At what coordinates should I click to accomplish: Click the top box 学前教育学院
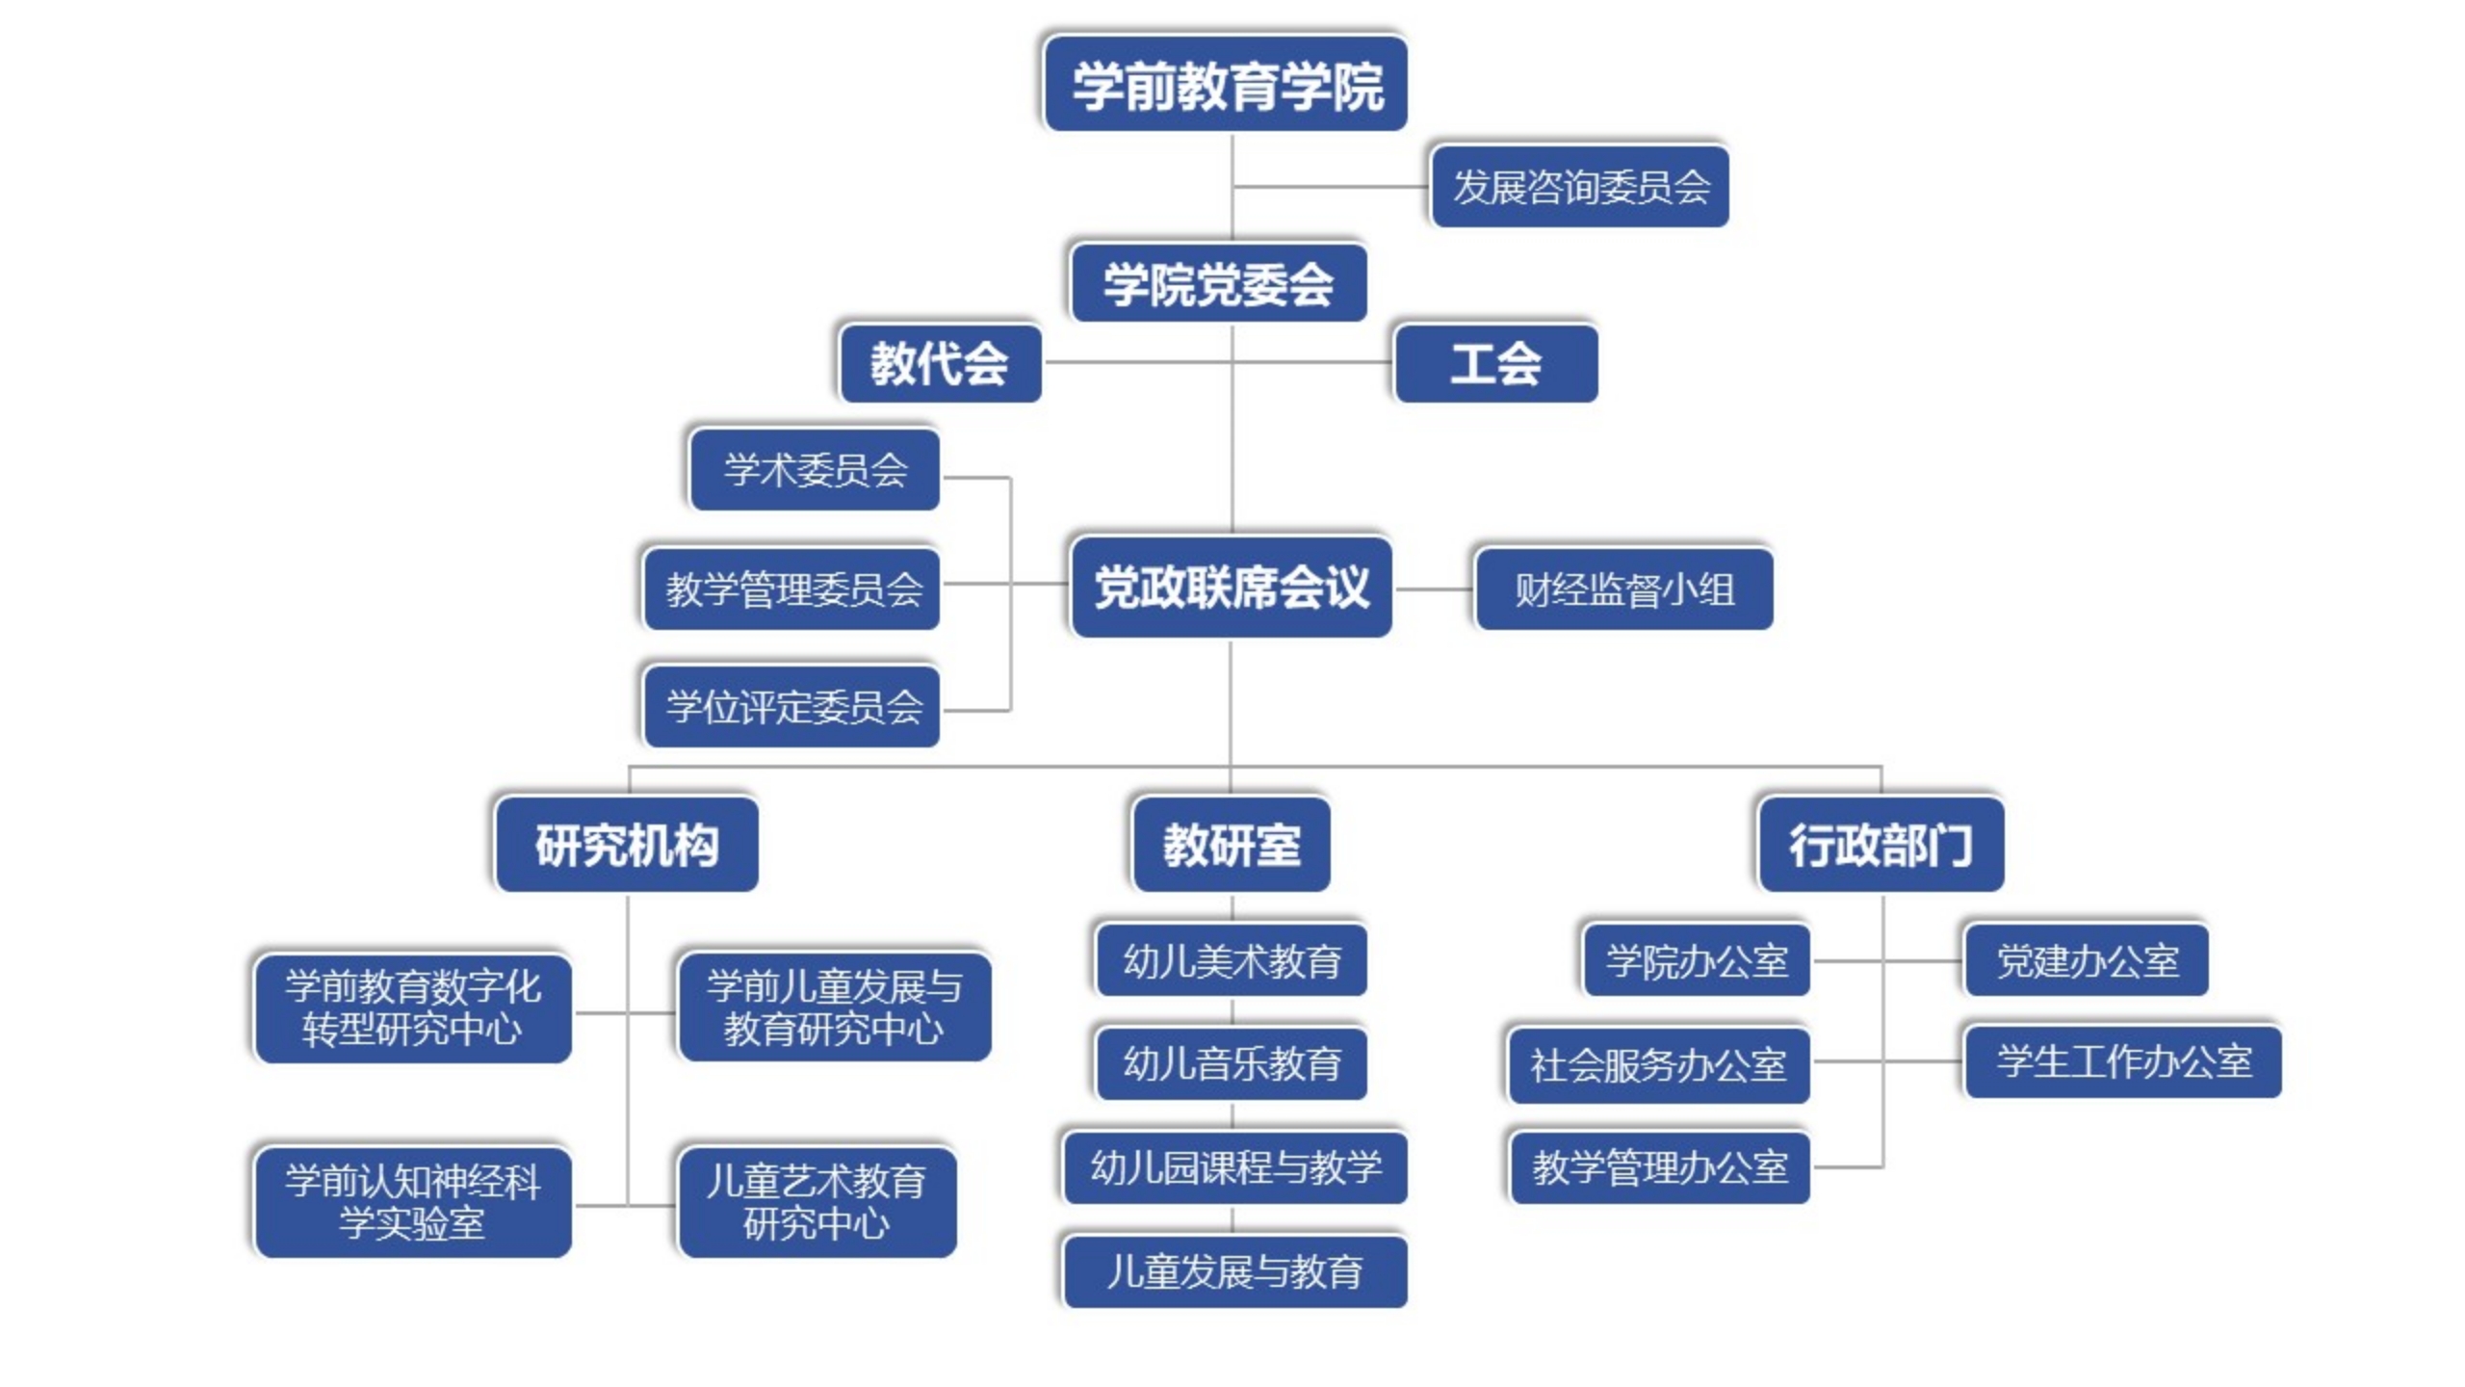1226,85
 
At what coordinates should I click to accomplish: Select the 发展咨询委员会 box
1580,187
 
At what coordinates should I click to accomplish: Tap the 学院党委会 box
1219,284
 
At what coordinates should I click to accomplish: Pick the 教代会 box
940,364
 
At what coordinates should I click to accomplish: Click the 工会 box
1496,364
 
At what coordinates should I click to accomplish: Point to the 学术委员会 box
816,470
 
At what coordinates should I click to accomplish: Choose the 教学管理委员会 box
792,589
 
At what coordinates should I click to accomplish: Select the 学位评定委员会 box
792,707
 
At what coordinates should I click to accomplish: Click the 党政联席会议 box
1232,588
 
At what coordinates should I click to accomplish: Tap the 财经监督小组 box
1624,589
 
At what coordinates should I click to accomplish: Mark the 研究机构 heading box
627,845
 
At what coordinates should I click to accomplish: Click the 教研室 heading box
1232,845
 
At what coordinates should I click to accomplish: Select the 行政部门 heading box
1881,845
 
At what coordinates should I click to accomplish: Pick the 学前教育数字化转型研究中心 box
413,1008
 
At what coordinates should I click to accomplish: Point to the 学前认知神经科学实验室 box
413,1202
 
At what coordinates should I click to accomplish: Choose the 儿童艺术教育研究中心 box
817,1202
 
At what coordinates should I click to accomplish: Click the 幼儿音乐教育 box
1232,1063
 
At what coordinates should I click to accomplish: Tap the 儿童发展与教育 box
1234,1271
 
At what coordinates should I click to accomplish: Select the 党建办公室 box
2087,960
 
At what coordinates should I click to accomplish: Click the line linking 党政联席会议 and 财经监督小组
1435,589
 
